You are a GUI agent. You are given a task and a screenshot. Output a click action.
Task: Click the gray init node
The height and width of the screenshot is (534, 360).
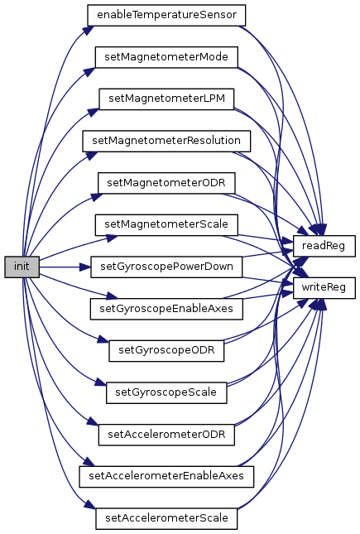coord(22,267)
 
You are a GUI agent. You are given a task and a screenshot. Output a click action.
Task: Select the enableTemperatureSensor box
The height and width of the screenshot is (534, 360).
coord(166,16)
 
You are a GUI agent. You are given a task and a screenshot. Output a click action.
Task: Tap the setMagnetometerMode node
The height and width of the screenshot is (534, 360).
coord(166,57)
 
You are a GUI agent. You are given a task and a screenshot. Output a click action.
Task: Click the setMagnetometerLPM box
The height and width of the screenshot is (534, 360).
coord(166,99)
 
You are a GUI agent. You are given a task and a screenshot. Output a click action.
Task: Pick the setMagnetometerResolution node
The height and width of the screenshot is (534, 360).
coord(166,141)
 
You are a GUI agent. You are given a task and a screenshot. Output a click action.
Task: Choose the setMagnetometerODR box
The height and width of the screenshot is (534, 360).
coord(166,183)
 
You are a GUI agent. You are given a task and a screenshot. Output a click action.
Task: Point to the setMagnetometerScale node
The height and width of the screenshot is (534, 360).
coord(166,224)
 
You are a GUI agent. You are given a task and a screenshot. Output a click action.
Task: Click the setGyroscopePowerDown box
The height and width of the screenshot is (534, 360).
coord(166,267)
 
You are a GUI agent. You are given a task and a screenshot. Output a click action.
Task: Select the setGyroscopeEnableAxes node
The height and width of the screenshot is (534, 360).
coord(166,309)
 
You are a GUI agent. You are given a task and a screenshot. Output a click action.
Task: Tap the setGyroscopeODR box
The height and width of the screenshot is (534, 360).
coord(166,351)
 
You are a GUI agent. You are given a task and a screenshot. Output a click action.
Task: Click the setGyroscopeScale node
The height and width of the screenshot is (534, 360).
coord(166,392)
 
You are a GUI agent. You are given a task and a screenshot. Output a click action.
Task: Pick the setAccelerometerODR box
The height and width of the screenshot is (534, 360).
coord(166,435)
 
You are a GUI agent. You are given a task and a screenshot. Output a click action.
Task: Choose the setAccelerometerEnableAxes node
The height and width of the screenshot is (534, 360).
coord(166,476)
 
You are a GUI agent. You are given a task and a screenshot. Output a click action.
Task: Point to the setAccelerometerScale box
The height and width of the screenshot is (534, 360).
coord(166,518)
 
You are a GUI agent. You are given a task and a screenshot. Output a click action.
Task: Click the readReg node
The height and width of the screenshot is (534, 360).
coord(324,246)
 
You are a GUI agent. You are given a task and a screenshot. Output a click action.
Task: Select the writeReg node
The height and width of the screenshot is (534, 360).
coord(324,288)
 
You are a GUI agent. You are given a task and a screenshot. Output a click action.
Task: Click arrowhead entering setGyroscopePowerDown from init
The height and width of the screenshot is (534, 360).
coord(85,267)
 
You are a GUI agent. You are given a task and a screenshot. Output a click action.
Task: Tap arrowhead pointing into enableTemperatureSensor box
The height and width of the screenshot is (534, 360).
coord(88,30)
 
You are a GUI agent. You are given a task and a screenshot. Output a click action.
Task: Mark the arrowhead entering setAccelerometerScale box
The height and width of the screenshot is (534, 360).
coord(90,504)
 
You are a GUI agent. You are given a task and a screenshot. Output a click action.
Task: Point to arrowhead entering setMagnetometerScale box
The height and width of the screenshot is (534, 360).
coord(112,238)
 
